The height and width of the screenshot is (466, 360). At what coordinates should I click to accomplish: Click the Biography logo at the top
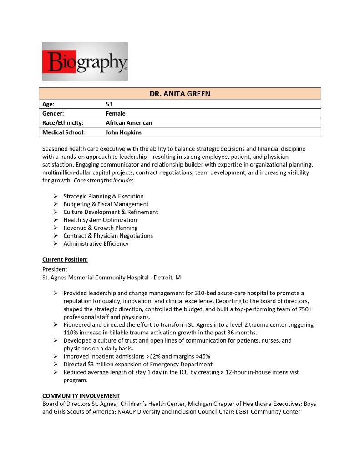tap(85, 61)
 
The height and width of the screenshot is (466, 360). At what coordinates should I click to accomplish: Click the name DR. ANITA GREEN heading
tap(180, 94)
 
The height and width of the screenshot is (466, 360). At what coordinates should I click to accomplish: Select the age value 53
tap(109, 104)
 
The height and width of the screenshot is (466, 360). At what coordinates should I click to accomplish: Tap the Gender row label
tap(53, 113)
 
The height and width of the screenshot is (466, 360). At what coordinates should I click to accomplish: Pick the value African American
tap(129, 123)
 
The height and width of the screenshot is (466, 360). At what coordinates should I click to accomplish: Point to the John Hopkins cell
tap(123, 132)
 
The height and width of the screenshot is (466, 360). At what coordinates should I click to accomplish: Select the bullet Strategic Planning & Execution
tap(103, 196)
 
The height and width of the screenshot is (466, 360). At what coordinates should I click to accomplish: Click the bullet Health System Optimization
tap(100, 220)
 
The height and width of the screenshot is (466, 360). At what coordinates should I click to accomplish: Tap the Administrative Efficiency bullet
tap(96, 243)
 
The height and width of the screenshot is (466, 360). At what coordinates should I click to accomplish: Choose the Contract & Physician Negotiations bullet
tap(108, 236)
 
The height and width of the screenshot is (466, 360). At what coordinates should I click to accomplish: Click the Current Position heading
tap(65, 259)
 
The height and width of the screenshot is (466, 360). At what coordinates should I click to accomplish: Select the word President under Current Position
tap(55, 269)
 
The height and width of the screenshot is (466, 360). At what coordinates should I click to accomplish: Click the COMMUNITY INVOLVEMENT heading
tap(81, 396)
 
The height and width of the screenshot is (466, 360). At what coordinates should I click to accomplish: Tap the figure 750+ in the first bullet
tap(304, 309)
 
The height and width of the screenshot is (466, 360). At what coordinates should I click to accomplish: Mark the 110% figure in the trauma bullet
tap(71, 333)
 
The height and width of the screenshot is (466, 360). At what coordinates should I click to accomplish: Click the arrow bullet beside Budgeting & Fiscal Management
tap(55, 204)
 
